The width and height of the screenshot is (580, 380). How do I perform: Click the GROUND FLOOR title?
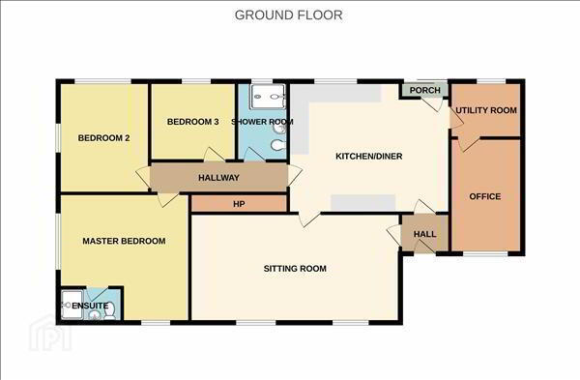pos(288,15)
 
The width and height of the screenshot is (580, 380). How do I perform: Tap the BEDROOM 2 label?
pos(103,138)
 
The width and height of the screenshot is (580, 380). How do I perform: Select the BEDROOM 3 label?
pos(192,122)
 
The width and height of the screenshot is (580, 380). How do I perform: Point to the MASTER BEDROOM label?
pos(124,241)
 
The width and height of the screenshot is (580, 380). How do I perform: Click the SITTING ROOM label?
pos(295,269)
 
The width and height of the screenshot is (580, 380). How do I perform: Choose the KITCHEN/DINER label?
pos(369,156)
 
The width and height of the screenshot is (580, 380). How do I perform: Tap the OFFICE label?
pos(485,196)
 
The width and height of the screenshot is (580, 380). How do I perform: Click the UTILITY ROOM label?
pos(486,110)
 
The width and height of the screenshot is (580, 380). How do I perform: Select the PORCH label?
pos(425,90)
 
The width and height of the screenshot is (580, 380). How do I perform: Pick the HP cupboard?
pos(239,204)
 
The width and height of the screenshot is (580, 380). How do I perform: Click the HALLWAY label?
pos(218,178)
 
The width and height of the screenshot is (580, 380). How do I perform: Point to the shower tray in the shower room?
pos(268,97)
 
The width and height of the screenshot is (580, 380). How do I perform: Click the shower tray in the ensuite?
pos(72,305)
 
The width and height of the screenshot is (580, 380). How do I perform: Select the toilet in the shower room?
pos(278,145)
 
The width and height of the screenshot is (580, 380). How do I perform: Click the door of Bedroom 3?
pos(214,155)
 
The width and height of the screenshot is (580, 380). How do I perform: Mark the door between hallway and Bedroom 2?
pos(143,177)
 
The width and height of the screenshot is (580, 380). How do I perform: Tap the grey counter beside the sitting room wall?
pos(362,203)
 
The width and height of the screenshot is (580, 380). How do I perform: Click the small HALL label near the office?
pos(424,234)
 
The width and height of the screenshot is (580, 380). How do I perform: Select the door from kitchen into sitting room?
pos(309,219)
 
